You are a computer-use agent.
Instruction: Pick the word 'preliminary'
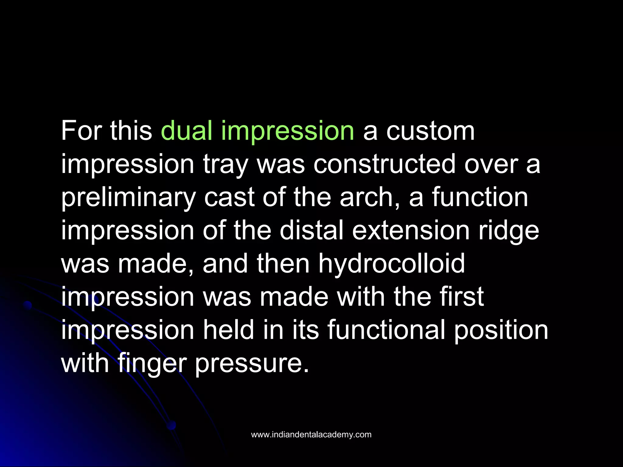click(x=128, y=198)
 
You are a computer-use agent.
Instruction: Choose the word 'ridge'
click(x=509, y=231)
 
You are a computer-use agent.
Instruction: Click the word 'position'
click(x=501, y=330)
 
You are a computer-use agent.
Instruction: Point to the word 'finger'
click(x=152, y=364)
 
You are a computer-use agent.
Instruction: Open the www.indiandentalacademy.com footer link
click(x=311, y=434)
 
